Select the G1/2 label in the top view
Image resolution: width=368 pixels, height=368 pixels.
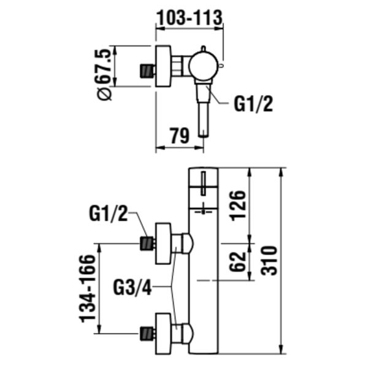coord(253,105)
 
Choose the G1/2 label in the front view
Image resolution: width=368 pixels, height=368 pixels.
coord(109,214)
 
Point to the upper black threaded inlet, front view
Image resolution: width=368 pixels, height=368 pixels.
coord(146,243)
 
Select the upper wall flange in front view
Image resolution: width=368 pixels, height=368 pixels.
coord(163,243)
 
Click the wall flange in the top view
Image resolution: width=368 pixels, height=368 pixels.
coord(164,66)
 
